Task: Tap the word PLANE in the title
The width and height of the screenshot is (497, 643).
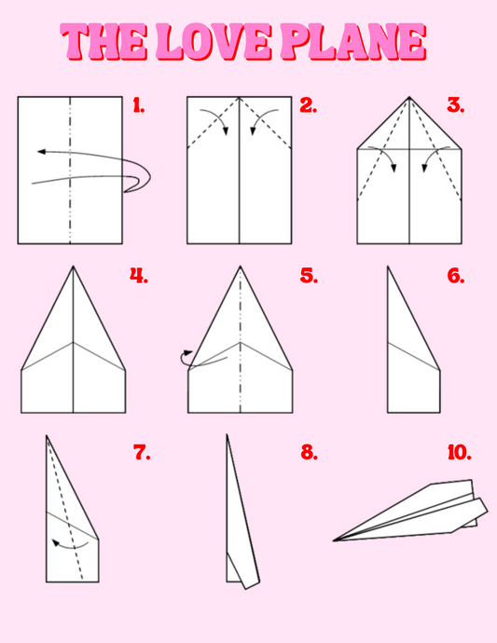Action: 353,41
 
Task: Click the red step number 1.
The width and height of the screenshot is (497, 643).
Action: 139,105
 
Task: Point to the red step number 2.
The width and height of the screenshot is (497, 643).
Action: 309,105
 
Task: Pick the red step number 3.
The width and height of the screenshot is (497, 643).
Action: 456,105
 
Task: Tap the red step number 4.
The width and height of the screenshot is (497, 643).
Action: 139,276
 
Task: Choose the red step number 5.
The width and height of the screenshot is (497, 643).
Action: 309,276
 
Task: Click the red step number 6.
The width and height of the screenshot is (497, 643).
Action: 456,276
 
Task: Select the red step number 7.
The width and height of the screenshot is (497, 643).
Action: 142,452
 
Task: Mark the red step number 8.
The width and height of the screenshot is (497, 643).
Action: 309,452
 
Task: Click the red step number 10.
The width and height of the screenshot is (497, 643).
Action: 460,452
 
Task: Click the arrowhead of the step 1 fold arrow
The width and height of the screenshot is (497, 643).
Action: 41,152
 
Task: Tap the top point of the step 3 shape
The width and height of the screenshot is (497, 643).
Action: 409,97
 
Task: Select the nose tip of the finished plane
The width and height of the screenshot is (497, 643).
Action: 333,540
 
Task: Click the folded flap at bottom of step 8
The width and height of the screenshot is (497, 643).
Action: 243,571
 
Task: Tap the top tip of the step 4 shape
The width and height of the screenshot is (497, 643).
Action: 73,267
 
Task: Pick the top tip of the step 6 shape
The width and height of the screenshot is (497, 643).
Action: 388,267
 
